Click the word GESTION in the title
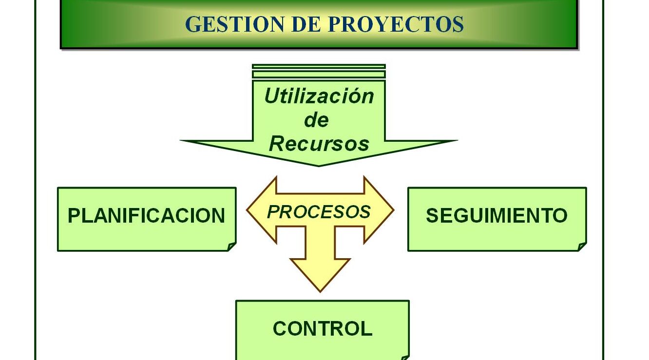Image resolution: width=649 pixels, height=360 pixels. coord(234,24)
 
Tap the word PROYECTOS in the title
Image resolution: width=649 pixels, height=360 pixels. coord(396,24)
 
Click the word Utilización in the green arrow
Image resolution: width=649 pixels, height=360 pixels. coord(319,96)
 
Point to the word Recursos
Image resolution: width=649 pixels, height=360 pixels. coord(319,144)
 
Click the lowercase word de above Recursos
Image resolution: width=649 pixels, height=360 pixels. coord(316,120)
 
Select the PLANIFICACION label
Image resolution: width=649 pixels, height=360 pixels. coord(146,216)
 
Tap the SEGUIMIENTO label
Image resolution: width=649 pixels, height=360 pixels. coord(496,215)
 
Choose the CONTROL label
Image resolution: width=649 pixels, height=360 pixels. coord(323,328)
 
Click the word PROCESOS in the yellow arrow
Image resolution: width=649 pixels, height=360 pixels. coord(319,211)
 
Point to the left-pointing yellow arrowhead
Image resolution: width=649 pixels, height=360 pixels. coord(261,210)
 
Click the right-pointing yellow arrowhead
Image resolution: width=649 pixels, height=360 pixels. coord(379,210)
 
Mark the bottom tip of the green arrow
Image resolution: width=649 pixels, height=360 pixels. coord(319,166)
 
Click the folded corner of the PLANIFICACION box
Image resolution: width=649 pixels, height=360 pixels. coord(232,246)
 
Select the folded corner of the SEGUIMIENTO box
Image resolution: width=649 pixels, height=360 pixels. coord(582,246)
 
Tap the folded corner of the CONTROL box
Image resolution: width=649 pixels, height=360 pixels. coord(405,358)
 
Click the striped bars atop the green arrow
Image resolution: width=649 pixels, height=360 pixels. coord(319,71)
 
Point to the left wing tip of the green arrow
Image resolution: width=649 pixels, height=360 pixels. coord(181,141)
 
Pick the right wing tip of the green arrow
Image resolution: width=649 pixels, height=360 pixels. coord(457,141)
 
